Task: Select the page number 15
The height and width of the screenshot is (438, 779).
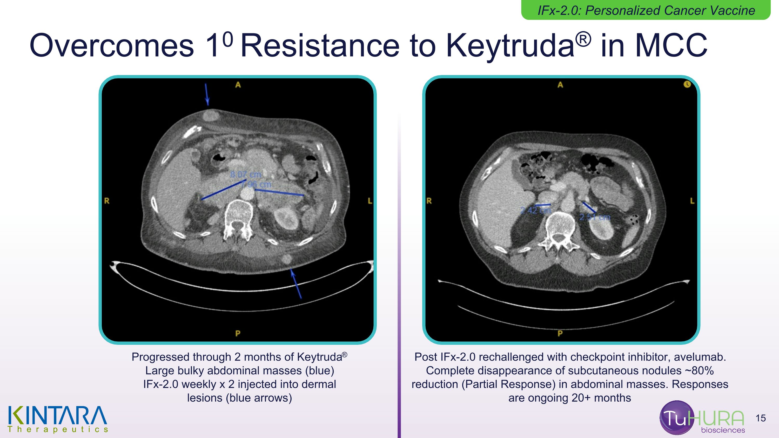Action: pos(761,418)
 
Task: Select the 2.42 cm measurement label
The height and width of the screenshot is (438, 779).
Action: pos(535,210)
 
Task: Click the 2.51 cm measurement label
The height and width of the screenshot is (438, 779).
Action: pos(595,217)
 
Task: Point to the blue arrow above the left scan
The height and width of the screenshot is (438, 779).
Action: pos(206,94)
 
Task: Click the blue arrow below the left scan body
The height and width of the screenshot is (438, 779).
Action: pos(296,284)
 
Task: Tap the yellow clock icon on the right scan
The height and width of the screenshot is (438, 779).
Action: pos(687,84)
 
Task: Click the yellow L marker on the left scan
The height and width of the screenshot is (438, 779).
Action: pos(370,201)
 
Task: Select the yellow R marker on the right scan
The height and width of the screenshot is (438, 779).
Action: pos(429,201)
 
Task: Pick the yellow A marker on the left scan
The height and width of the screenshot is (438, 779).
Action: pos(238,85)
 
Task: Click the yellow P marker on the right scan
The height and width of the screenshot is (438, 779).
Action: pos(560,333)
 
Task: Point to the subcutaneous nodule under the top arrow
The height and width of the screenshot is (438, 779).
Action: pos(211,115)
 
